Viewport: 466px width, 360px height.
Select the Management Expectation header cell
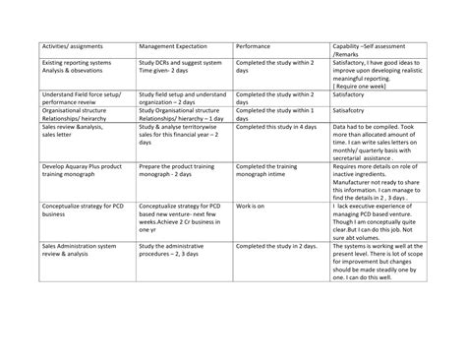[177, 46]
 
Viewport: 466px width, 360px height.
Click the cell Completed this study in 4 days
[275, 127]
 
